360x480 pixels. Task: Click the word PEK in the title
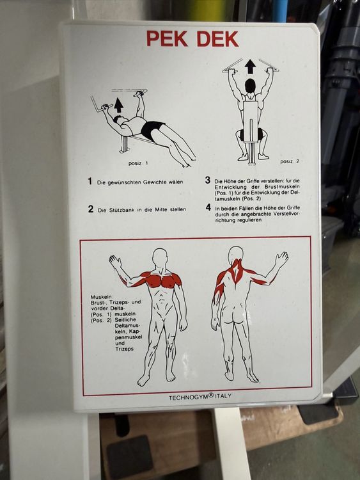point(167,38)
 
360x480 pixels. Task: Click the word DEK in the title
point(217,39)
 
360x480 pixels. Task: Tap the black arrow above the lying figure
point(118,106)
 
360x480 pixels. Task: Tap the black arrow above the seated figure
point(251,67)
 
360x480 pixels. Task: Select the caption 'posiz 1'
point(138,163)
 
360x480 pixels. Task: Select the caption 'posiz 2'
point(290,162)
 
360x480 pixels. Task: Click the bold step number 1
point(90,181)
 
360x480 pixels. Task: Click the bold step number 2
point(91,209)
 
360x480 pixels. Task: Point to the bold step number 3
point(208,180)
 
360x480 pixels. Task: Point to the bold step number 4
point(208,207)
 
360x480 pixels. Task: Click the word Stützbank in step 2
point(120,210)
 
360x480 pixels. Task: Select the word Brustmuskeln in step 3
point(283,187)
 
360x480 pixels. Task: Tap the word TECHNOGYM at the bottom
point(189,397)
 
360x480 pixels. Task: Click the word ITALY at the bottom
point(223,396)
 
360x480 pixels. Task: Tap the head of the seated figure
point(250,86)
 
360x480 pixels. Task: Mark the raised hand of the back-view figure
point(281,259)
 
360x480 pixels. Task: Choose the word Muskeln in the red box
point(102,297)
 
